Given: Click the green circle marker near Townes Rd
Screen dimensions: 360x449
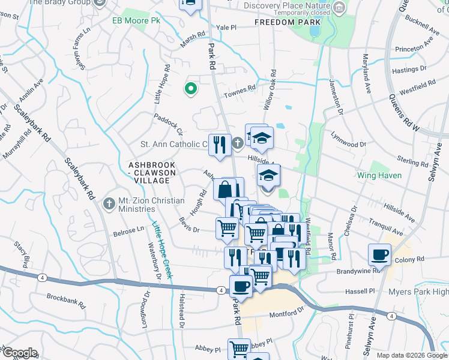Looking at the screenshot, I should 191,89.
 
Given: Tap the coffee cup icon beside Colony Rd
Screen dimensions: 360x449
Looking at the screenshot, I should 379,254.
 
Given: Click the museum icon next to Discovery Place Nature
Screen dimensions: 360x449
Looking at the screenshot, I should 340,7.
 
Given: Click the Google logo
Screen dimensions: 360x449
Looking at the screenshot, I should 19,353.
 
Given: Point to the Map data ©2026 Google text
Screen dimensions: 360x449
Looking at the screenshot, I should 411,355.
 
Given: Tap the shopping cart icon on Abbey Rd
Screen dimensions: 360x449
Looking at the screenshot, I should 239,348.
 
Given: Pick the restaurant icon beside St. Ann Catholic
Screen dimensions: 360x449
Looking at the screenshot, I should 220,145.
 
